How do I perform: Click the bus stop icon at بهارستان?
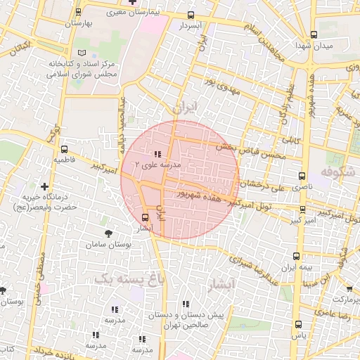[x=77, y=12]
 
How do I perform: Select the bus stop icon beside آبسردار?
[x=191, y=15]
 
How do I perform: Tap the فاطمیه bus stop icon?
[x=64, y=150]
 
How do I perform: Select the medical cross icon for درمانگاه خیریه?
[x=45, y=187]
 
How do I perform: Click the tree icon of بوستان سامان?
[x=108, y=233]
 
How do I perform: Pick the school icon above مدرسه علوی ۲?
[x=156, y=154]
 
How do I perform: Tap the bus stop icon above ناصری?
[x=302, y=176]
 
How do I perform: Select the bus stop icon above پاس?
[x=298, y=324]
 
